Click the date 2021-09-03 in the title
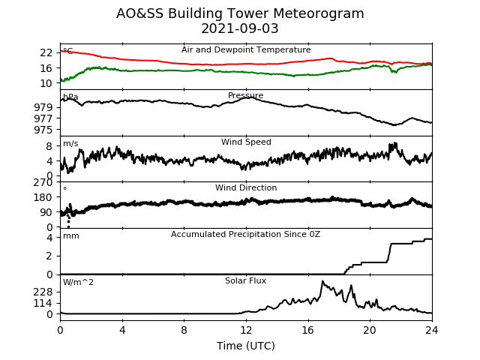[x=240, y=28]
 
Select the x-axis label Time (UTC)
[x=246, y=346]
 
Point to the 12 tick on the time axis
[x=246, y=330]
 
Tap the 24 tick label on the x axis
[x=432, y=330]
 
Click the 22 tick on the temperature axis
[x=46, y=53]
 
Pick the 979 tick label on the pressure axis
[x=43, y=107]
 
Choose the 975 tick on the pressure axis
[x=43, y=130]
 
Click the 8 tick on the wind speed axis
[x=49, y=146]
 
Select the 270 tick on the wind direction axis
[x=43, y=183]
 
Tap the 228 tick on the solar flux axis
[x=43, y=292]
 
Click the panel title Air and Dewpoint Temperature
[x=246, y=50]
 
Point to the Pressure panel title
[x=245, y=95]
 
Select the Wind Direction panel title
[x=246, y=187]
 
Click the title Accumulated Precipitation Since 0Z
[x=245, y=234]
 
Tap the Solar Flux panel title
[x=245, y=280]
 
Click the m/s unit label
[x=70, y=143]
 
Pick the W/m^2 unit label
[x=78, y=282]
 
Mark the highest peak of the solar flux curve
[x=322, y=281]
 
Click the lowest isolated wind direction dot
[x=68, y=226]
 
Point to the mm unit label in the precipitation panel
[x=71, y=236]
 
